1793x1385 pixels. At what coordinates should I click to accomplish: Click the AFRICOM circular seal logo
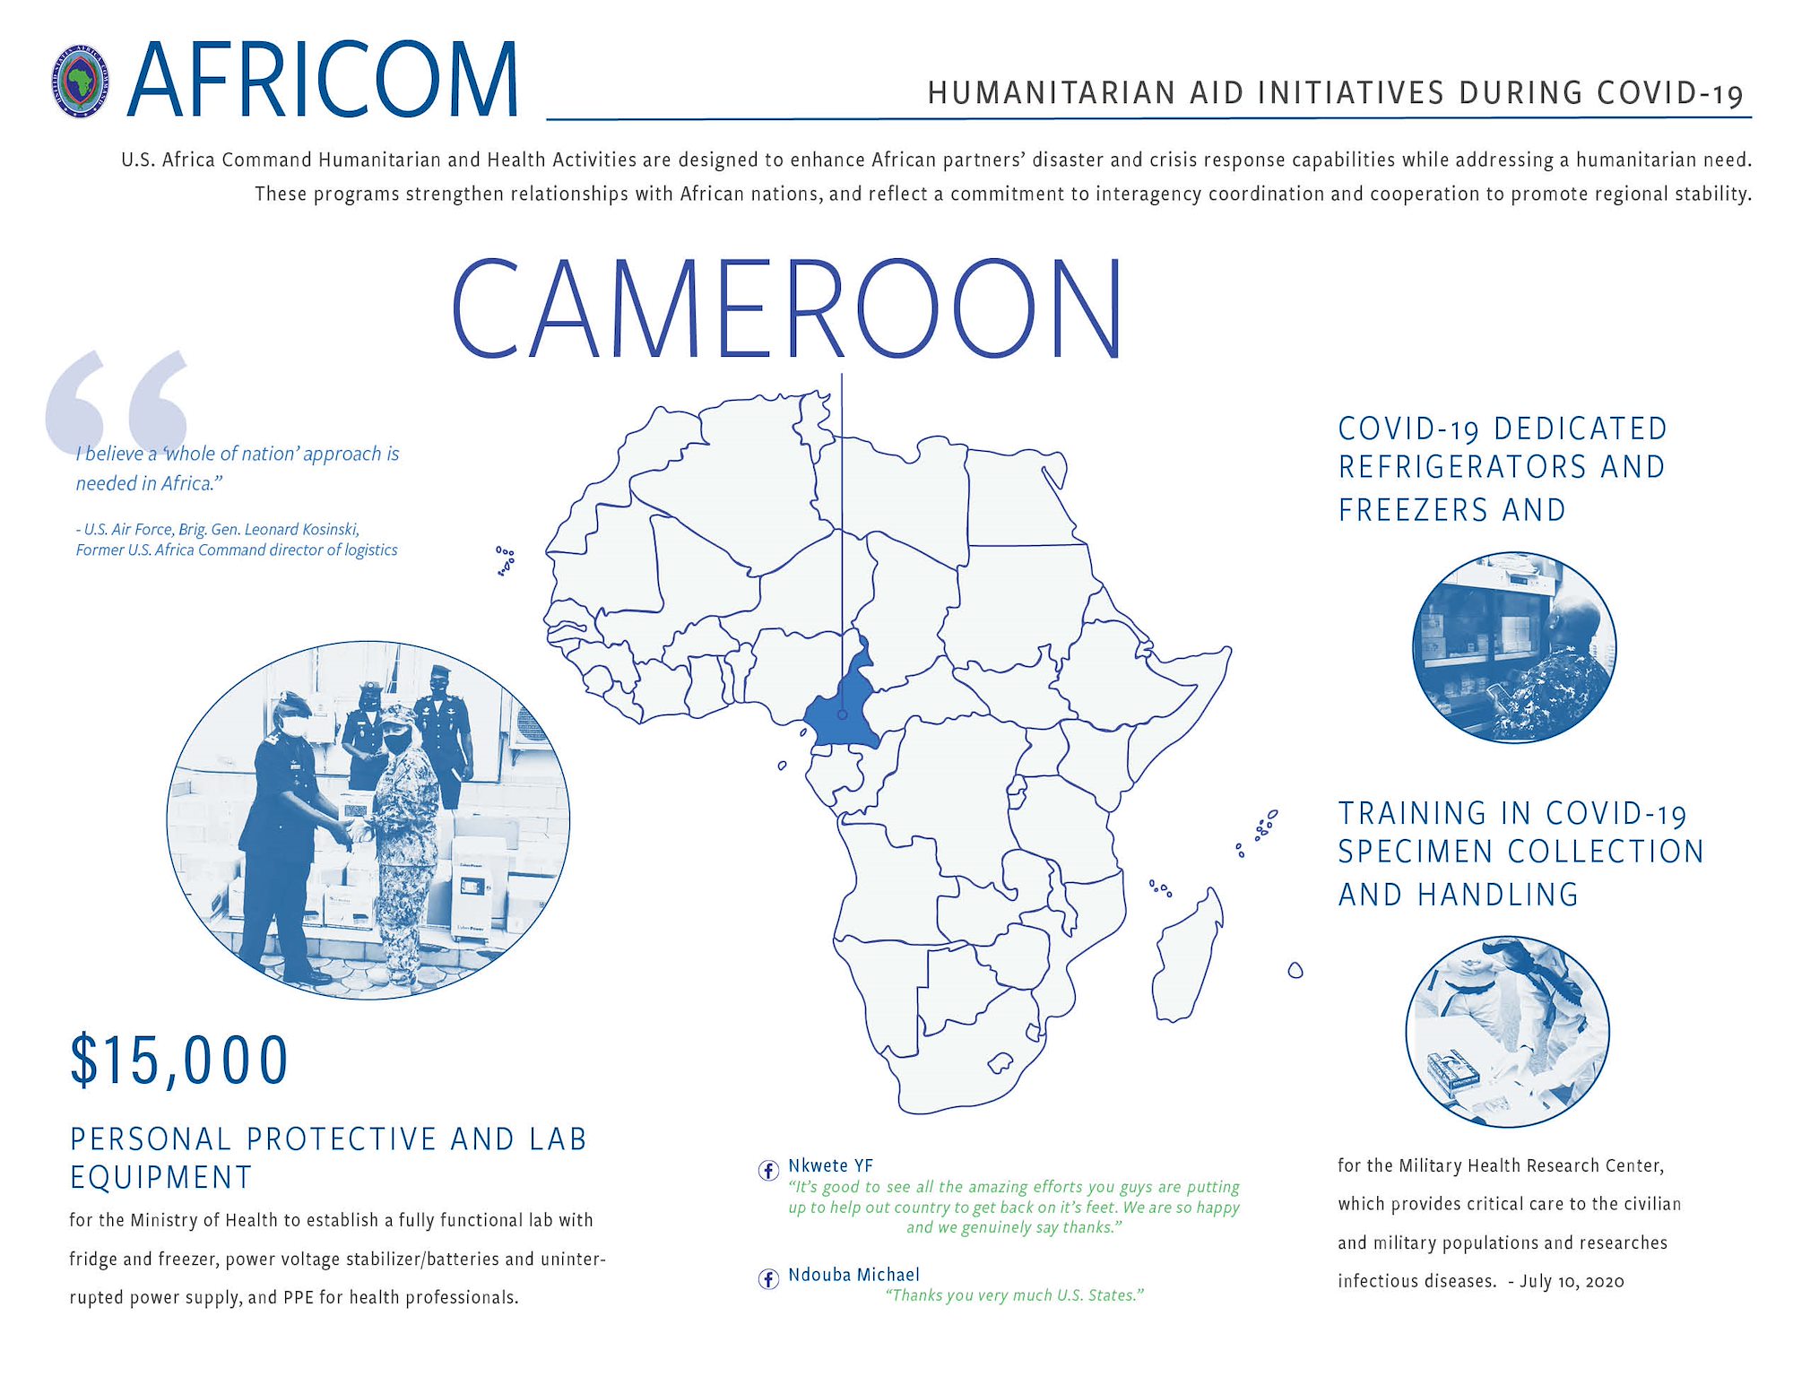pyautogui.click(x=81, y=82)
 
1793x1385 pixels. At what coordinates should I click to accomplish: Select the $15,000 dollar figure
pyautogui.click(x=179, y=1060)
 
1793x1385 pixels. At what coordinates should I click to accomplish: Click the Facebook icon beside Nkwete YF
pyautogui.click(x=768, y=1170)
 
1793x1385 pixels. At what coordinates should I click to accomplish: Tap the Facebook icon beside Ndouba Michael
pyautogui.click(x=768, y=1278)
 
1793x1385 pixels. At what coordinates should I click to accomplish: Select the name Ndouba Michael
pyautogui.click(x=853, y=1275)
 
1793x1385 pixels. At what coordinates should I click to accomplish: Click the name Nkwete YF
pyautogui.click(x=830, y=1165)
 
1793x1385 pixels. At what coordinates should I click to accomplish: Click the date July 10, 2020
pyautogui.click(x=1572, y=1281)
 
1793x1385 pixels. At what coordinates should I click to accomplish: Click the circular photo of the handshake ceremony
pyautogui.click(x=368, y=820)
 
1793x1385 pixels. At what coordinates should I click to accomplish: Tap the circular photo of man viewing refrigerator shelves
pyautogui.click(x=1514, y=647)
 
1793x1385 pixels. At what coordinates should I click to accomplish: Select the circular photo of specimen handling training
pyautogui.click(x=1507, y=1032)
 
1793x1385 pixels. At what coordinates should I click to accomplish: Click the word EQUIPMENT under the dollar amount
pyautogui.click(x=161, y=1177)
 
